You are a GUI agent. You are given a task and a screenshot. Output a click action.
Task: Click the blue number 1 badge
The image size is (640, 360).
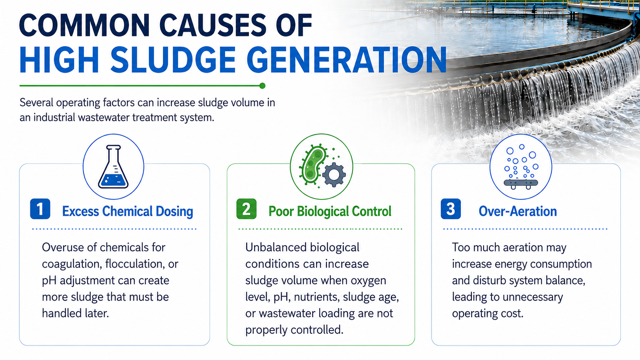40,209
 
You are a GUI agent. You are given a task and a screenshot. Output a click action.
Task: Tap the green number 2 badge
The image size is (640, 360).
246,209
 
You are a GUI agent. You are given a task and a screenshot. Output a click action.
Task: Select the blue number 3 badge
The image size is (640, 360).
451,209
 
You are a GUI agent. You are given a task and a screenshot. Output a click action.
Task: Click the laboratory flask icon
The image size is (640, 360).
113,167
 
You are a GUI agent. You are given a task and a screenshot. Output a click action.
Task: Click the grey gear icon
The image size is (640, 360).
334,175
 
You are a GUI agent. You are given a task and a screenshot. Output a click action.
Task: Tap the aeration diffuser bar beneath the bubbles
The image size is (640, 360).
521,184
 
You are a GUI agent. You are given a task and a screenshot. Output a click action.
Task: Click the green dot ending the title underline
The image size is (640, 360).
262,86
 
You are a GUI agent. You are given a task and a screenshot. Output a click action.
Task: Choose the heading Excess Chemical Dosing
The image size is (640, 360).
128,212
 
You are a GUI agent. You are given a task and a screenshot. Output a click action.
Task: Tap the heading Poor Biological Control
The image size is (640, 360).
330,212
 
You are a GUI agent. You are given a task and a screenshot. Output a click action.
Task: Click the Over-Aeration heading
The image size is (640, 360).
518,212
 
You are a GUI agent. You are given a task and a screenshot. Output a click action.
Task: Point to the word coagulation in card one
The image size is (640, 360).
72,264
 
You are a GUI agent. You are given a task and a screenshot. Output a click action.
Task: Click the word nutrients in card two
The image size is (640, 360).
317,297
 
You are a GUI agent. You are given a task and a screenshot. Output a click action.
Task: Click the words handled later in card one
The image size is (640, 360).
75,313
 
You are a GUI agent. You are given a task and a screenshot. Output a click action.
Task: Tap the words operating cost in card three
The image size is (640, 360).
488,314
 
